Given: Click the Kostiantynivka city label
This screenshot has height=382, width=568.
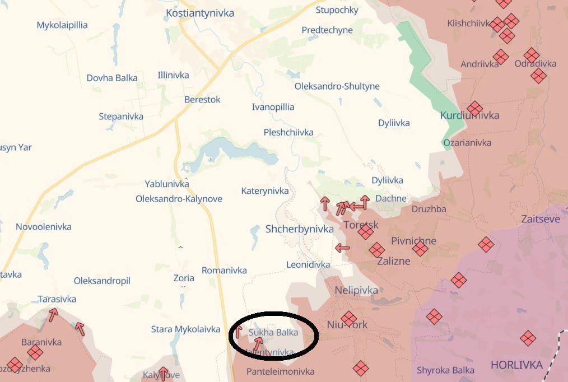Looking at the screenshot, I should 200,13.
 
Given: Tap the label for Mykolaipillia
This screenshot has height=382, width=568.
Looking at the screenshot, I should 62,25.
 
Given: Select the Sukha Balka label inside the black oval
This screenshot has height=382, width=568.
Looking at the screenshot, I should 273,332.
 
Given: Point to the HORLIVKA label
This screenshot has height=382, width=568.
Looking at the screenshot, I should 516,365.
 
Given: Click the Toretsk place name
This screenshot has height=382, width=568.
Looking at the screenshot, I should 361,225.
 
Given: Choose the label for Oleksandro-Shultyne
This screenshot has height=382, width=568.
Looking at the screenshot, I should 337,86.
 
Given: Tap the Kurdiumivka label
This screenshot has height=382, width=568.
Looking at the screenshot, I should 469,115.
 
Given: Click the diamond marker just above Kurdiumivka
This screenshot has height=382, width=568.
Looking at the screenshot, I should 474,108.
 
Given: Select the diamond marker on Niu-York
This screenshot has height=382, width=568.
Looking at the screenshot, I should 348,318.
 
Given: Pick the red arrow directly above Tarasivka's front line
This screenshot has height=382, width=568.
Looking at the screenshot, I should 53,314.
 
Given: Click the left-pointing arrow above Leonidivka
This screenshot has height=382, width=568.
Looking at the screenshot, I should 342,248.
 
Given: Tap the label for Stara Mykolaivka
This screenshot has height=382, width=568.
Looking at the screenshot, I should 185,329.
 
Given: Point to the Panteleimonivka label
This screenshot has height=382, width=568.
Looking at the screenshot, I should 280,371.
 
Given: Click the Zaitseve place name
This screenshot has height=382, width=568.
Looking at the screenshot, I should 540,219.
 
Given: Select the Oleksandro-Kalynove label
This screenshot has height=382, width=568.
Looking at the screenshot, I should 179,199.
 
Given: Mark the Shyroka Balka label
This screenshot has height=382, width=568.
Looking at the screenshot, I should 445,370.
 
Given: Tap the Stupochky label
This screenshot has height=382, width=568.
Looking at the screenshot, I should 337,10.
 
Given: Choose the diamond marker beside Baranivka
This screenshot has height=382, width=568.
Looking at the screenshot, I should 35,352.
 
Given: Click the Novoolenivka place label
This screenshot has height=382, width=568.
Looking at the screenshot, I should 44,227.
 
